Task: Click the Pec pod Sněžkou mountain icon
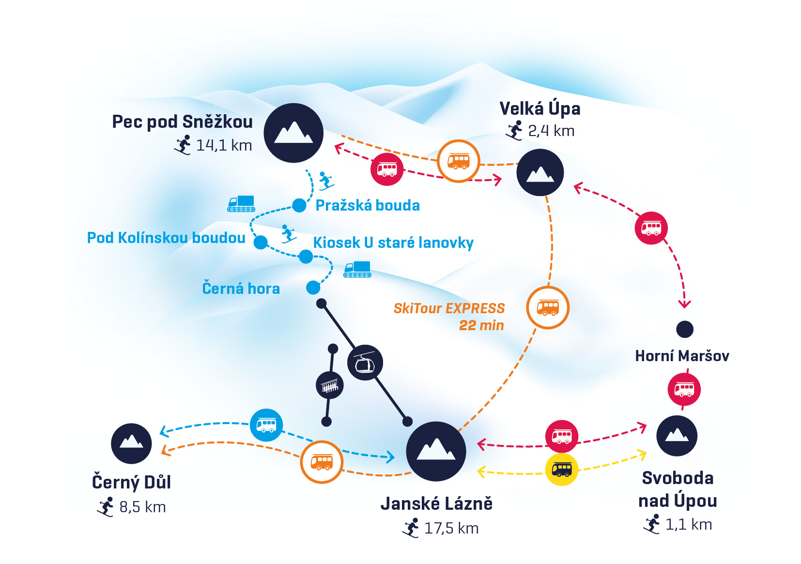[x=293, y=133]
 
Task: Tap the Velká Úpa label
[x=539, y=109]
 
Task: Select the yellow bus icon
[x=562, y=469]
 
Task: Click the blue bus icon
[x=266, y=425]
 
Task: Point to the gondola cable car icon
[x=365, y=363]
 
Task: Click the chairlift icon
[x=330, y=385]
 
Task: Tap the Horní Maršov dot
[x=685, y=329]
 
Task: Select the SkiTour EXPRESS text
[x=449, y=308]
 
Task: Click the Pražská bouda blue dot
[x=299, y=205]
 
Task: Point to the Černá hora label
[x=241, y=289]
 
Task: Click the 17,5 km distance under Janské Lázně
[x=451, y=528]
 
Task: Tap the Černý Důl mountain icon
[x=131, y=443]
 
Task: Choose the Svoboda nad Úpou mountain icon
[x=677, y=436]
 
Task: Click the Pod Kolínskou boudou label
[x=166, y=238]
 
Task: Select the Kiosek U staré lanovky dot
[x=306, y=256]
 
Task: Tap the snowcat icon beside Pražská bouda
[x=241, y=203]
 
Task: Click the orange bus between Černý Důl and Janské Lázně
[x=322, y=462]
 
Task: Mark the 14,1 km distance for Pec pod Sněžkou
[x=224, y=145]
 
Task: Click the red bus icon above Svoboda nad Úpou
[x=684, y=389]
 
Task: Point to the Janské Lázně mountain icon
[x=436, y=451]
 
